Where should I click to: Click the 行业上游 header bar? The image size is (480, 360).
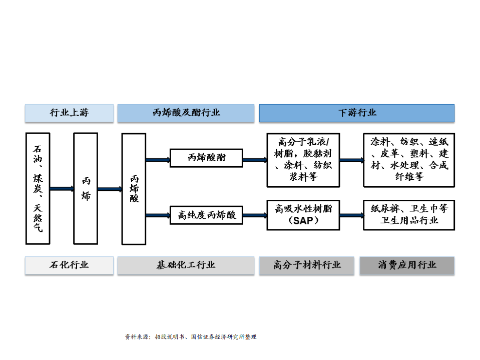[x=69, y=113]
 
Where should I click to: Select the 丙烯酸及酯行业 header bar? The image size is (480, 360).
[x=186, y=113]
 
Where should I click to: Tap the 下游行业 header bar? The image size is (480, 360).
[x=356, y=113]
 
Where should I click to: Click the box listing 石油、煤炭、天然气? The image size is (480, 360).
[x=38, y=188]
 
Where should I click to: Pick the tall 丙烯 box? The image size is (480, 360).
[x=86, y=188]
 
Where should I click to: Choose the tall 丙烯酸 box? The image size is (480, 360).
[x=134, y=188]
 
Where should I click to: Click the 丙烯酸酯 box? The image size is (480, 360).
[x=206, y=158]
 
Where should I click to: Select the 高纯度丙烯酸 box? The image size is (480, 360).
[x=206, y=215]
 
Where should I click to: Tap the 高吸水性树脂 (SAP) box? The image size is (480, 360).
[x=303, y=214]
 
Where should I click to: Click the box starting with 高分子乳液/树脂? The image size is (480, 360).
[x=303, y=159]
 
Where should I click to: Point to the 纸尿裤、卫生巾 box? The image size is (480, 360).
[x=409, y=214]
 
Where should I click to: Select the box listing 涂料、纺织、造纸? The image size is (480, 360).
[x=409, y=159]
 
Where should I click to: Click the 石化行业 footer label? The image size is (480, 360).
[x=69, y=265]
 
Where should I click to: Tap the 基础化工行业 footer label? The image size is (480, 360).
[x=186, y=265]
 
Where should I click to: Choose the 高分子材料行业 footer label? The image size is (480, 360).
[x=307, y=265]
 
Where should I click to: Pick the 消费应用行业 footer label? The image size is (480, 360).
[x=407, y=265]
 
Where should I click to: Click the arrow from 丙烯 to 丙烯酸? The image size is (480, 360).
[x=110, y=189]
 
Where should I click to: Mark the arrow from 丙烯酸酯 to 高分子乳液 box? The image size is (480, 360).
[x=254, y=160]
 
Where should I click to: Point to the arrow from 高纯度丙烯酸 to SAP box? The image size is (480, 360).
[x=254, y=216]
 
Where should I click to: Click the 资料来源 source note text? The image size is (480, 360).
[x=190, y=337]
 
